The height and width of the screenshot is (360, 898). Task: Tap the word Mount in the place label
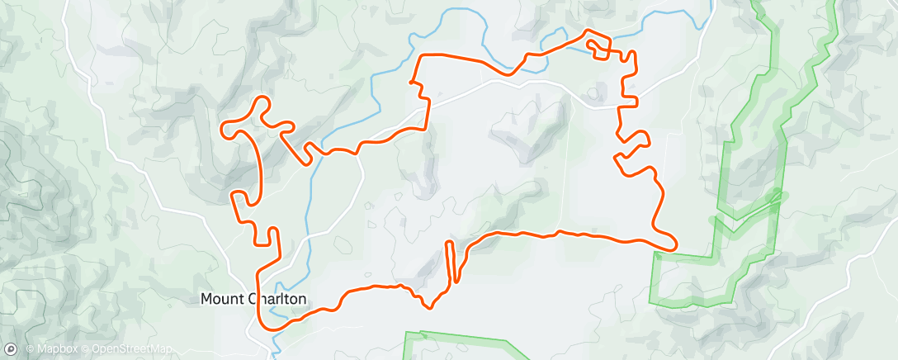click(x=219, y=300)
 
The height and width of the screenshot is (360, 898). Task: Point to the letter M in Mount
click(x=206, y=300)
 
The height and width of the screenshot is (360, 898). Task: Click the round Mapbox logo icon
click(x=11, y=349)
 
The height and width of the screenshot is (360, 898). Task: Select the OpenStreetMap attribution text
click(x=131, y=349)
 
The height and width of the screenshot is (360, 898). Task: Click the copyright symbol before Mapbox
click(x=29, y=349)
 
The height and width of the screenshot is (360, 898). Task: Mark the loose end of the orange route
click(x=410, y=82)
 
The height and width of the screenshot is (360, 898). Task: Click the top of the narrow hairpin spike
click(x=449, y=242)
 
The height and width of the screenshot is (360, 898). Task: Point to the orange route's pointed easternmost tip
click(x=676, y=244)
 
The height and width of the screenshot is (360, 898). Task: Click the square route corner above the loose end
click(x=423, y=56)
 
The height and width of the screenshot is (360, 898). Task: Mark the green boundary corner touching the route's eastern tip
click(x=655, y=253)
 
